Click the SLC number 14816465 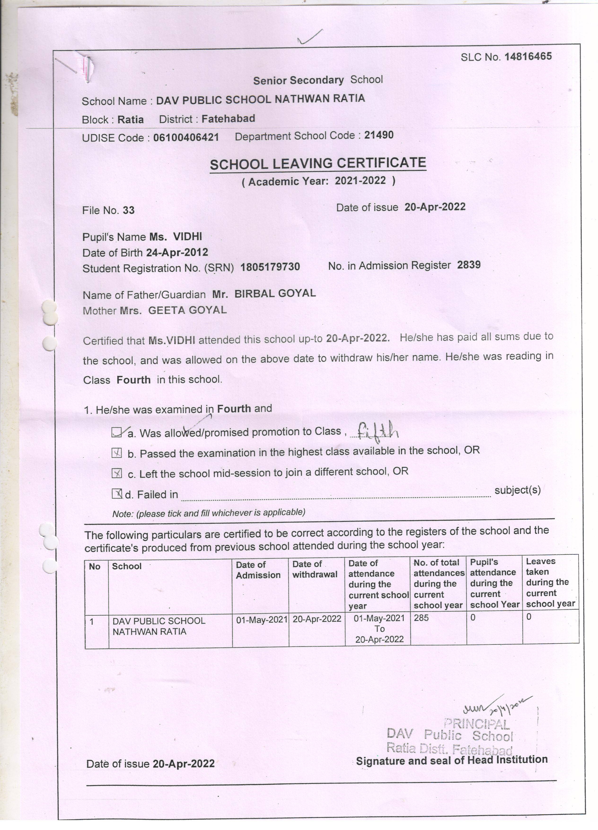click(528, 56)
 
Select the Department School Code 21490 click(379, 135)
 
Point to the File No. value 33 click(128, 210)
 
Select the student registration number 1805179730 click(270, 267)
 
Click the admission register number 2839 click(469, 265)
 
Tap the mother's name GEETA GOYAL click(187, 310)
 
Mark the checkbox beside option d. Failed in click(117, 494)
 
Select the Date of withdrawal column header click(315, 569)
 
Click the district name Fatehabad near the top click(228, 119)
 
